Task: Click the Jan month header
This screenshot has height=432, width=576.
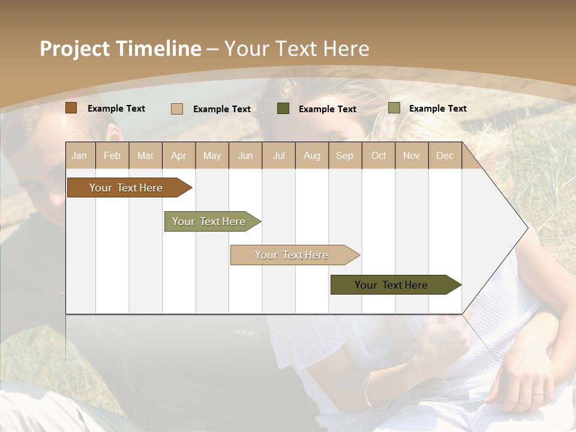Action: point(80,155)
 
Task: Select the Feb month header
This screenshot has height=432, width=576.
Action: point(112,155)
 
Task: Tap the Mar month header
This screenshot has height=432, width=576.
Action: point(145,155)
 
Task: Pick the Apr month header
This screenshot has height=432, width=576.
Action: point(179,155)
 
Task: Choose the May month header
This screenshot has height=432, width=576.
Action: point(212,155)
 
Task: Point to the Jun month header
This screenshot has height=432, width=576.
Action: point(245,155)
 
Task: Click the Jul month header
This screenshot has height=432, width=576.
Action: point(278,155)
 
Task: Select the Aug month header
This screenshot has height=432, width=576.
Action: point(312,155)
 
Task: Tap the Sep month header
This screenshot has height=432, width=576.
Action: point(345,155)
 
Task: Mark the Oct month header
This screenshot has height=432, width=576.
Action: point(379,155)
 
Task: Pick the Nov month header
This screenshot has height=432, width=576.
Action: point(412,155)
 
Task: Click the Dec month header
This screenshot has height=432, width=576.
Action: point(445,155)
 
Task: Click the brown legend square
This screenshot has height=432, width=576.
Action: point(71,108)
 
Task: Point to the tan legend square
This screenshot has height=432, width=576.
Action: point(177,109)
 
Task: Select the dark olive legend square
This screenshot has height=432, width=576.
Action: point(283,109)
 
